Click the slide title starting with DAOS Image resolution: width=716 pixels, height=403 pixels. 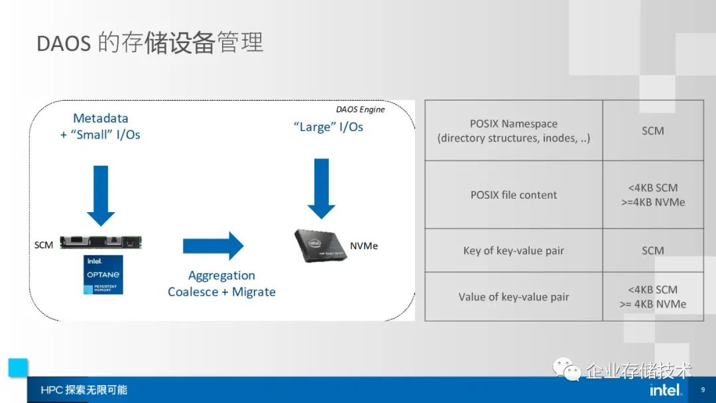[x=150, y=42]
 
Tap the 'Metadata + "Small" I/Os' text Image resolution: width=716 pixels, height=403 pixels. [x=101, y=127]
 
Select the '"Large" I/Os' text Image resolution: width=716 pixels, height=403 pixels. [x=328, y=127]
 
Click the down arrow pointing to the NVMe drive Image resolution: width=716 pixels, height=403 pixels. [x=322, y=188]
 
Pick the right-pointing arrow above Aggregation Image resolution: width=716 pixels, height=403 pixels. [x=213, y=246]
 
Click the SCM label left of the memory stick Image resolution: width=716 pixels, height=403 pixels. [x=44, y=245]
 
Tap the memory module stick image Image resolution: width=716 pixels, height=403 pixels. [x=101, y=243]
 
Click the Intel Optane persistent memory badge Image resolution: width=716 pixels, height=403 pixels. [x=103, y=274]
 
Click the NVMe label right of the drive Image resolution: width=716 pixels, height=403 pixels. [x=365, y=246]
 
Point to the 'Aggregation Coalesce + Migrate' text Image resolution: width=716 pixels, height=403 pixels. [x=221, y=284]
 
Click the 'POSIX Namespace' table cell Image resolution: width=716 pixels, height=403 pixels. [x=513, y=131]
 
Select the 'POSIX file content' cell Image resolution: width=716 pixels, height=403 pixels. [x=513, y=195]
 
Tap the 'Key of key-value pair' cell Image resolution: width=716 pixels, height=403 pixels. [x=513, y=251]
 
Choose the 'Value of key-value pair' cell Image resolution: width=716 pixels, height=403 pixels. [x=513, y=297]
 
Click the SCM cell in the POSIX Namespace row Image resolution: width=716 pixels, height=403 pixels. [x=652, y=131]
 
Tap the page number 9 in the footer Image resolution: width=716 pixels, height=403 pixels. [x=703, y=390]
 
